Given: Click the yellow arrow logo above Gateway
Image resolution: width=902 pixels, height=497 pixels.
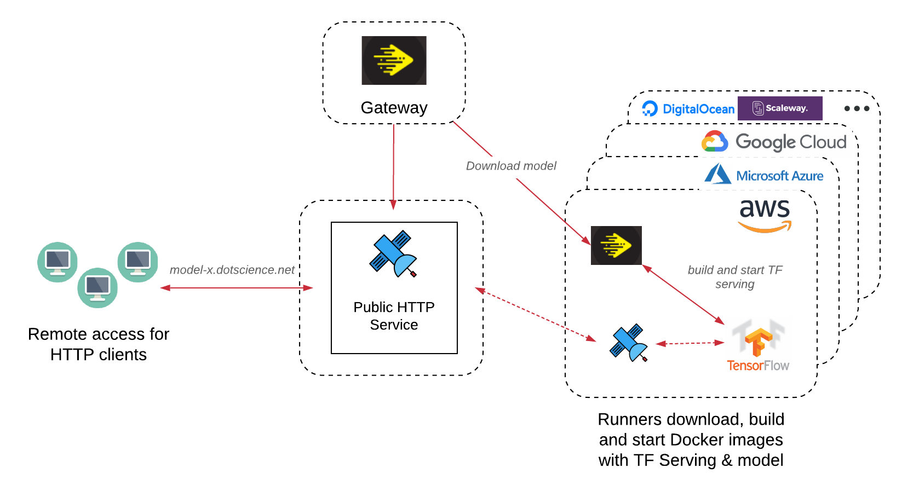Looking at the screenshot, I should tap(394, 60).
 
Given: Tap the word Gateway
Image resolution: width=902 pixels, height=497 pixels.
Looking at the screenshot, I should tap(394, 108).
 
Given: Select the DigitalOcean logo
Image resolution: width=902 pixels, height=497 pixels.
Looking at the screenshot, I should tap(688, 109).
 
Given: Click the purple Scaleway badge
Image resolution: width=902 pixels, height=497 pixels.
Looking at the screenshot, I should tap(780, 108).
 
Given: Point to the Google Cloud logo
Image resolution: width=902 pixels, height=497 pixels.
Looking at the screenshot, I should tap(774, 142).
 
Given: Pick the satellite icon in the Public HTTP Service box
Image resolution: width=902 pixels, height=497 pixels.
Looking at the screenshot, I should tap(394, 253).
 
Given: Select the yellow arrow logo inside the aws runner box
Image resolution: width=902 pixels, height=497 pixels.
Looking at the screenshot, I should tap(616, 245).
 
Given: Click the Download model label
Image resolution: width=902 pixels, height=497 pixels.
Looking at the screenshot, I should tap(511, 166).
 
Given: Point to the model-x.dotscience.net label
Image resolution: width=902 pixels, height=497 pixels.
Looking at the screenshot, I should tap(232, 270).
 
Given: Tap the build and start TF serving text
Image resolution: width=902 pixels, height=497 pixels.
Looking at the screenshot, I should tap(735, 277).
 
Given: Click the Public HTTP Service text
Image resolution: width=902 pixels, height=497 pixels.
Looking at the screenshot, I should tap(394, 316).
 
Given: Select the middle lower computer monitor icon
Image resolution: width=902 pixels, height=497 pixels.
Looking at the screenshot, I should tap(97, 287).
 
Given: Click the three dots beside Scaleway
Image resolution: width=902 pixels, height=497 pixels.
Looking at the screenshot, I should tap(857, 108).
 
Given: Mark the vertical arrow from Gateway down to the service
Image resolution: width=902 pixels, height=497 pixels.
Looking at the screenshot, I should tap(393, 164).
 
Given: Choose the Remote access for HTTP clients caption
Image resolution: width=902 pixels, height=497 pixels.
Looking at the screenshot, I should tap(99, 344).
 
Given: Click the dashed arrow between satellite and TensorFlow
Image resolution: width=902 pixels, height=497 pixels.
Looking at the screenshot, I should tap(690, 343).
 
